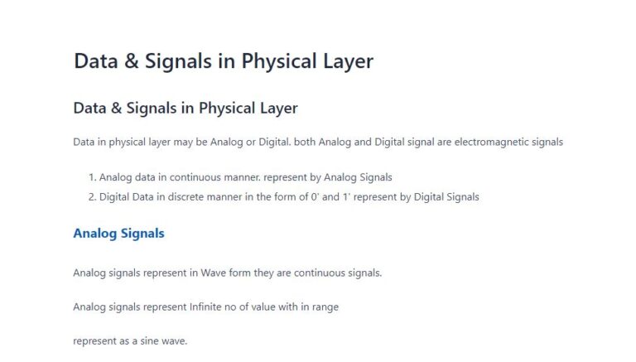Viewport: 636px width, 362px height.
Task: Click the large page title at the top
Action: tap(224, 61)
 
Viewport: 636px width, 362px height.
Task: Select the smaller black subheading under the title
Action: tap(185, 108)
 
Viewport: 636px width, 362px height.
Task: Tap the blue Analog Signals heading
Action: tap(118, 233)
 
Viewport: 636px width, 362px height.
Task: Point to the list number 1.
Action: tap(91, 177)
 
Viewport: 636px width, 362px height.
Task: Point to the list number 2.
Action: tap(91, 197)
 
